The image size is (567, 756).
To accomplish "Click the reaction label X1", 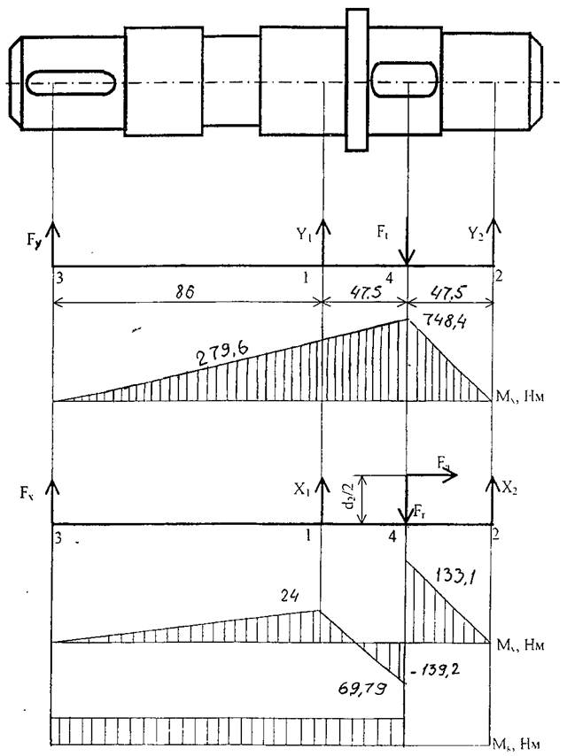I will tap(306, 488).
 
